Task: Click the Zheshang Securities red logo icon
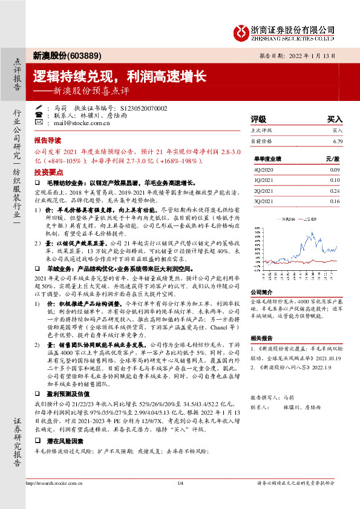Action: [241, 31]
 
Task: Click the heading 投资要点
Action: [48, 172]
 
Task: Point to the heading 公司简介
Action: [262, 292]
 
